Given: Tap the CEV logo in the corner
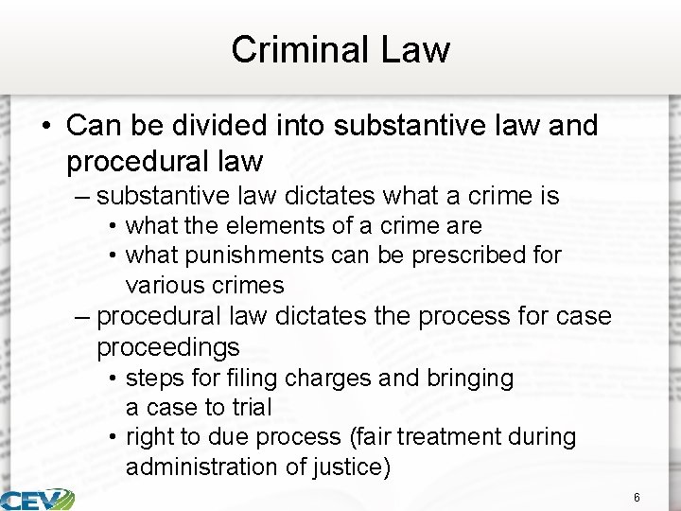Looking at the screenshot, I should [38, 499].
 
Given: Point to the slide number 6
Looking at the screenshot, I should [637, 498].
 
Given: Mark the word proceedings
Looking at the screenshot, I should [167, 346].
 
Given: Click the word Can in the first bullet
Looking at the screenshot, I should [89, 126].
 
